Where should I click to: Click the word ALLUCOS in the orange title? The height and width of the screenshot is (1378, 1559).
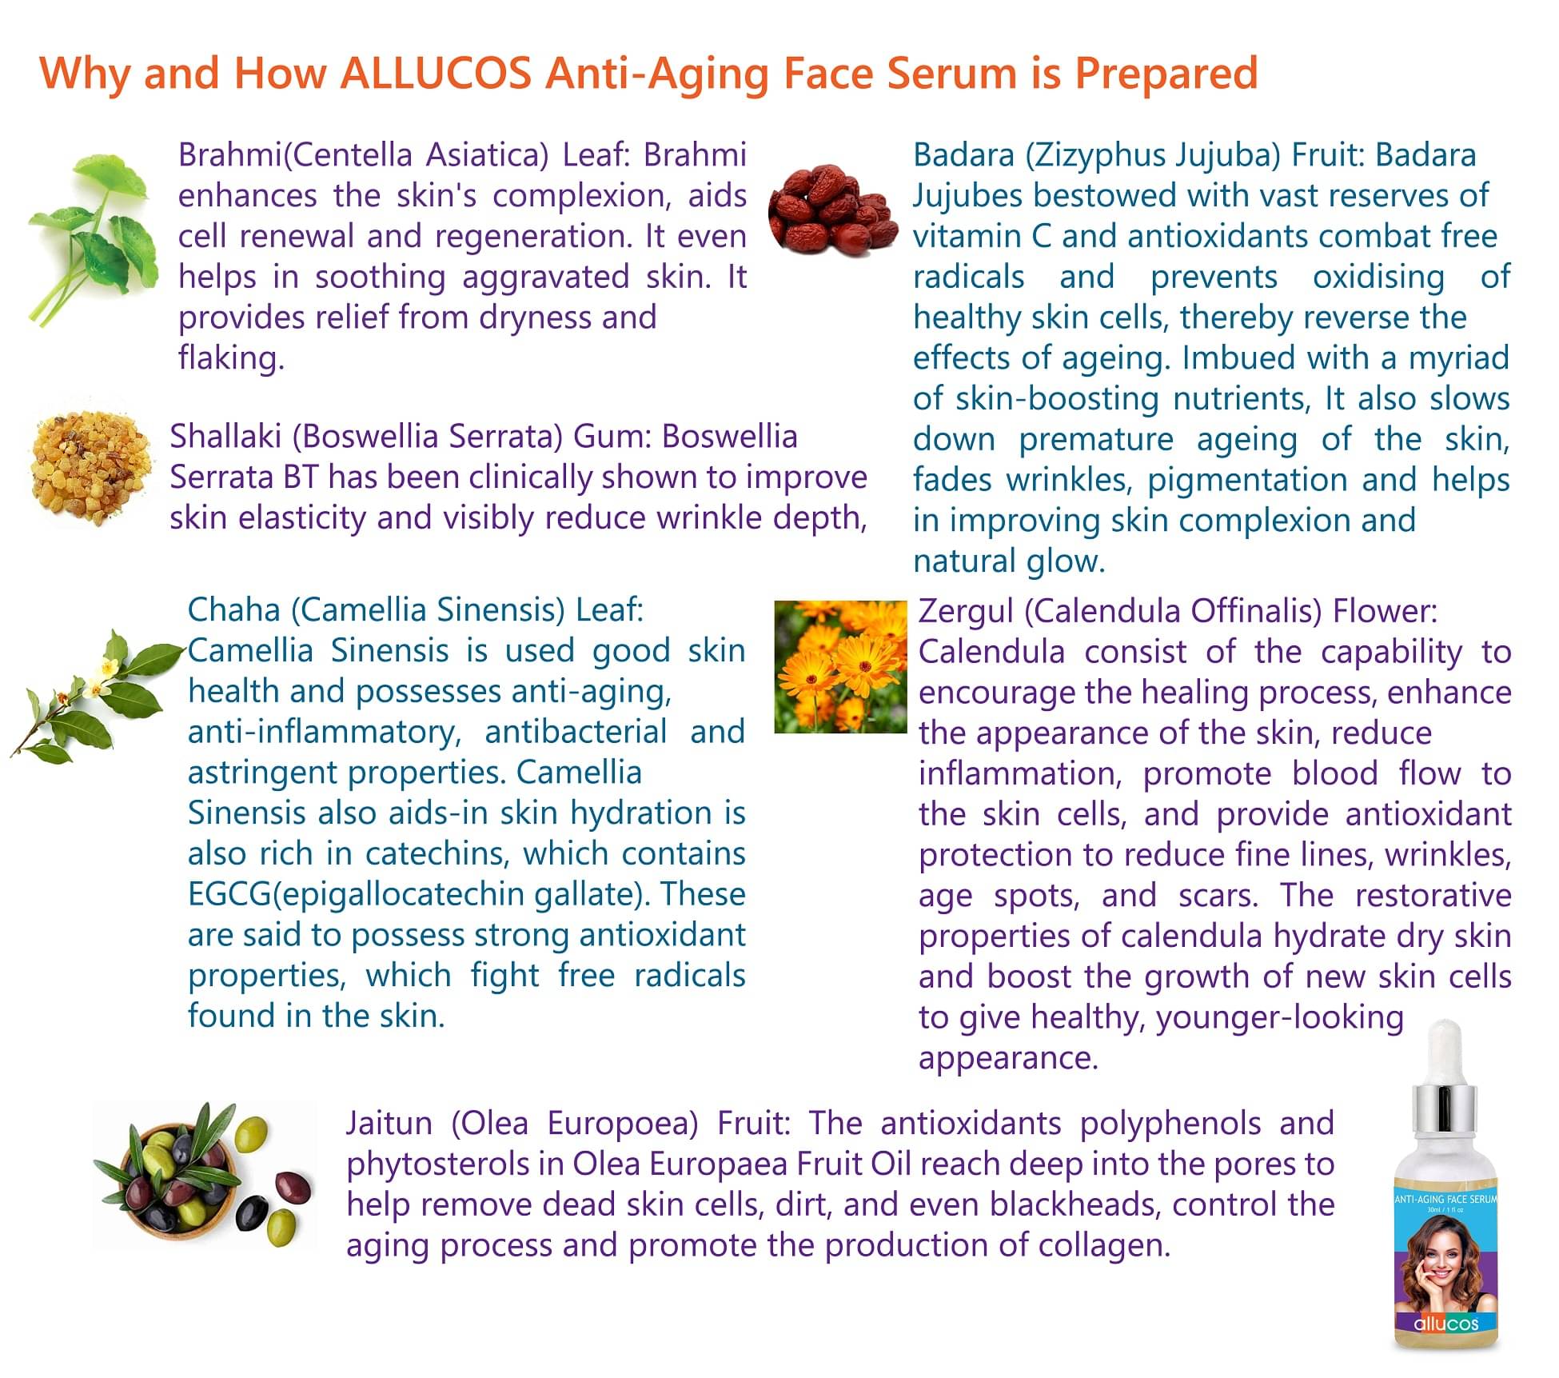(x=436, y=73)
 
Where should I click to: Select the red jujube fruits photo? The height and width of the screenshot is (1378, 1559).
(x=832, y=211)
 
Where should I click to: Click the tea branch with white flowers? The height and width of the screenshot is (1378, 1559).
(x=96, y=694)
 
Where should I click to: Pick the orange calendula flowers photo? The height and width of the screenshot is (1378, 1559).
(x=840, y=667)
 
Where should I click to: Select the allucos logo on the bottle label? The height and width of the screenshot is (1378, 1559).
(x=1445, y=1324)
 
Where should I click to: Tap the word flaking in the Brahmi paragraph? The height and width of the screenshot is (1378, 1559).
(x=231, y=357)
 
